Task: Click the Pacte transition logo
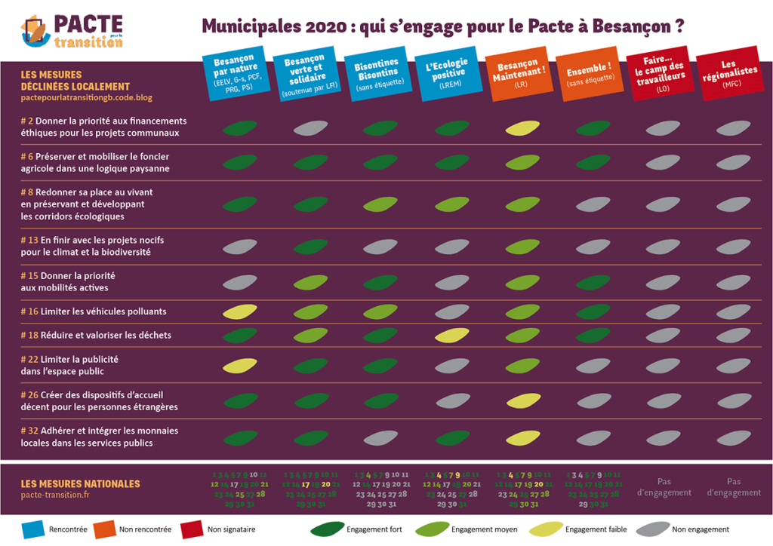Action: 72,30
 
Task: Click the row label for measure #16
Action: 94,311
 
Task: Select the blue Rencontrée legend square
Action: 31,529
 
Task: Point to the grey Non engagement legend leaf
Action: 650,529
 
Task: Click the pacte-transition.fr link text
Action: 55,495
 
